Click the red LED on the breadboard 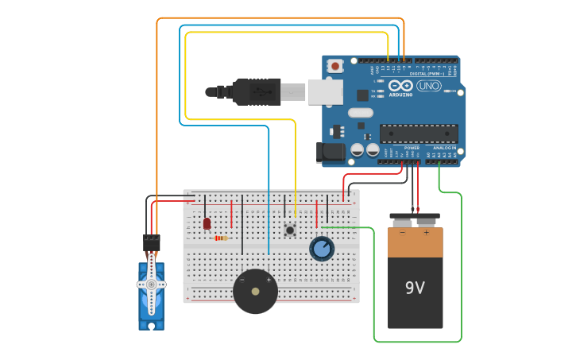coord(207,223)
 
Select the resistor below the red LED coord(222,238)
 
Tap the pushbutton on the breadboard coord(290,230)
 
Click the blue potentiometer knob coord(322,249)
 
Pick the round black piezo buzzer coord(255,291)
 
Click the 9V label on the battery coord(415,287)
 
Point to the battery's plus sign coord(427,233)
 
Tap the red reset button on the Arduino coord(335,66)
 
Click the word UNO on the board coord(428,86)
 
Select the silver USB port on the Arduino coord(326,91)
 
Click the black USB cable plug coord(254,91)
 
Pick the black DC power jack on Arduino coord(330,153)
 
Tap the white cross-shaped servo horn coord(151,284)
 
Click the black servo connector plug coord(151,242)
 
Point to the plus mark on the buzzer coord(269,280)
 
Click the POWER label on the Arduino coord(412,148)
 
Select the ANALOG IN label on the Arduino coord(445,148)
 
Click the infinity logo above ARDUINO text coord(400,85)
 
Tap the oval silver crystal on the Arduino coord(360,113)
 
